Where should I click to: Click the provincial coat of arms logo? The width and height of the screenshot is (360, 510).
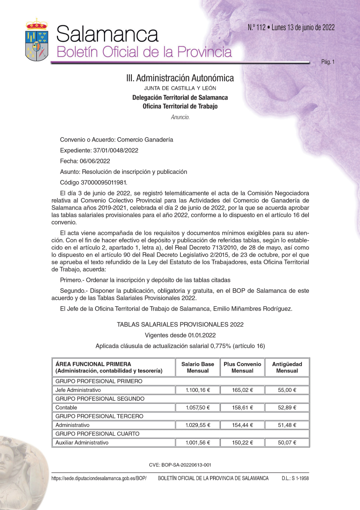(x=37, y=40)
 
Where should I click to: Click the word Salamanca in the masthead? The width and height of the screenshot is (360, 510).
(x=107, y=34)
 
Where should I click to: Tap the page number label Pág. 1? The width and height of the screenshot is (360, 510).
(x=328, y=62)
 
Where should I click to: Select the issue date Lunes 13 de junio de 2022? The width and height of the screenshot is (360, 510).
(x=303, y=28)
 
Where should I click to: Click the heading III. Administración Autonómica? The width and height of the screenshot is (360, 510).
(x=180, y=78)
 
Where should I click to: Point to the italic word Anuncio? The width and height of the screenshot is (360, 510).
(x=180, y=117)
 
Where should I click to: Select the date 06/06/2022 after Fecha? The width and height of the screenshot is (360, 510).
(x=95, y=161)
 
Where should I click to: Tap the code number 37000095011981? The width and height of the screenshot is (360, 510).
(x=104, y=183)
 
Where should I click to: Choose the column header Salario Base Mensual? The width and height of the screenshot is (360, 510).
(x=198, y=367)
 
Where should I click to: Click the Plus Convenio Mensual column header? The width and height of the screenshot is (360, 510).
(x=242, y=367)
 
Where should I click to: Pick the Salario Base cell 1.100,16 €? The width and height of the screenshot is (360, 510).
(x=198, y=390)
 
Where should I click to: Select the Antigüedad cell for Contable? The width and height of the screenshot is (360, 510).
(x=287, y=408)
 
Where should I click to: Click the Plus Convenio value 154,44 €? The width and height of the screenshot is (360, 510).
(x=242, y=425)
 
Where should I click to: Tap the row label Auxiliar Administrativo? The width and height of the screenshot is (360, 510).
(x=82, y=443)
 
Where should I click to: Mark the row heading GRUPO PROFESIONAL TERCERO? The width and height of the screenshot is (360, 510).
(x=99, y=416)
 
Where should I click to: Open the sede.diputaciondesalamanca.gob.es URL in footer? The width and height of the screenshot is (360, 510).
(x=99, y=479)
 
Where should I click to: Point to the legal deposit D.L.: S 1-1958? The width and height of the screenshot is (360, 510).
(x=295, y=479)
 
